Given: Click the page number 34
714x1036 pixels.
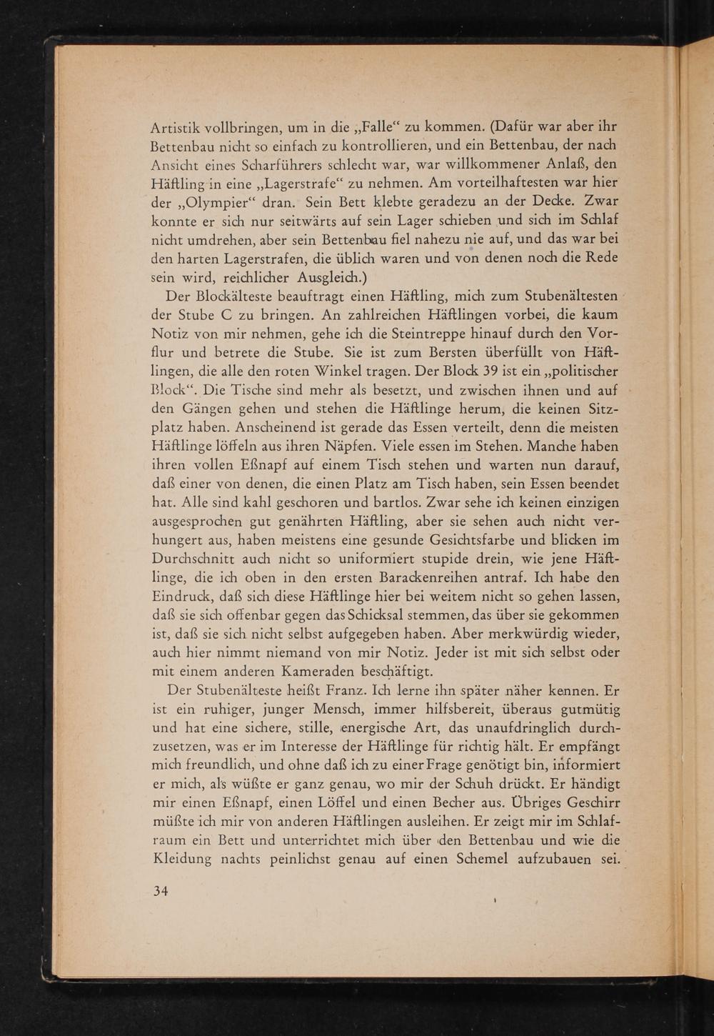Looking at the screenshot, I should [161, 891].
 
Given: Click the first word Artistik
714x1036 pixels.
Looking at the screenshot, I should [177, 129].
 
